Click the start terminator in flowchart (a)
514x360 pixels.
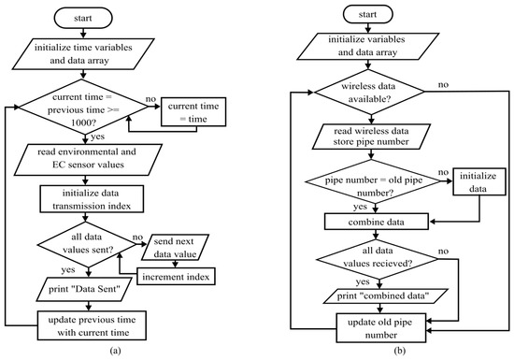[x=83, y=18]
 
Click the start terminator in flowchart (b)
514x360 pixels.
[x=368, y=14]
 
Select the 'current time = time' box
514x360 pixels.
[x=193, y=112]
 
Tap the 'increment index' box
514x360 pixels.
[x=176, y=277]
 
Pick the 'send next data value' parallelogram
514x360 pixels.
[x=176, y=247]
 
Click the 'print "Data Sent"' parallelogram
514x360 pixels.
[x=84, y=289]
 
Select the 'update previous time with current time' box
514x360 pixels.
[x=92, y=325]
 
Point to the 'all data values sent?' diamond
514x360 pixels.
[x=87, y=244]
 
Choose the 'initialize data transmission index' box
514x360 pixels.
[x=92, y=199]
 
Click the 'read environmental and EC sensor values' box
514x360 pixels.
[x=88, y=159]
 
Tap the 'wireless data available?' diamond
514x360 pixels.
[x=369, y=93]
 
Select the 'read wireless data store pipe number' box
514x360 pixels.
[x=371, y=137]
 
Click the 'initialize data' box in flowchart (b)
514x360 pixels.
[x=478, y=182]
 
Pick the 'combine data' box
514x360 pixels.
[x=377, y=222]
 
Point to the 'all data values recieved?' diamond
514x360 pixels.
[x=377, y=259]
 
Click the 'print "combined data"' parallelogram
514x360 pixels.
[x=382, y=296]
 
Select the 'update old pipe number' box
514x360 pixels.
[x=381, y=328]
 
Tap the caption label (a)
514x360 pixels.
[x=115, y=351]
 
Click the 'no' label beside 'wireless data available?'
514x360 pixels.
[x=443, y=84]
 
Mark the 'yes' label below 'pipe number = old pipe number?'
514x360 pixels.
[x=360, y=207]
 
